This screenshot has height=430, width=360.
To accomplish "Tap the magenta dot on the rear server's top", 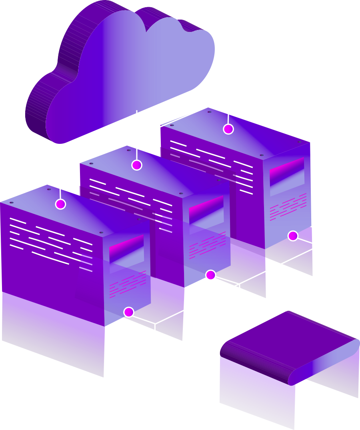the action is [228, 129].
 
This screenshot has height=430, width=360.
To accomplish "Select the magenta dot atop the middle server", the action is [137, 165].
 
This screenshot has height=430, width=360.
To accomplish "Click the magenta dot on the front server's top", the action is [60, 204].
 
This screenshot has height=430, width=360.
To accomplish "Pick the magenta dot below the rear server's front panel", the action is [293, 236].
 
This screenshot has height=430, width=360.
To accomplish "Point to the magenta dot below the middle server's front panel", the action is [210, 275].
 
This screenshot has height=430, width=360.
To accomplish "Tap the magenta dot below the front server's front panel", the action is [128, 312].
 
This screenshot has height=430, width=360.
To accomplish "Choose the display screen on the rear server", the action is [286, 172].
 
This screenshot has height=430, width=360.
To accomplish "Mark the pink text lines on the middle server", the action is [207, 245].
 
